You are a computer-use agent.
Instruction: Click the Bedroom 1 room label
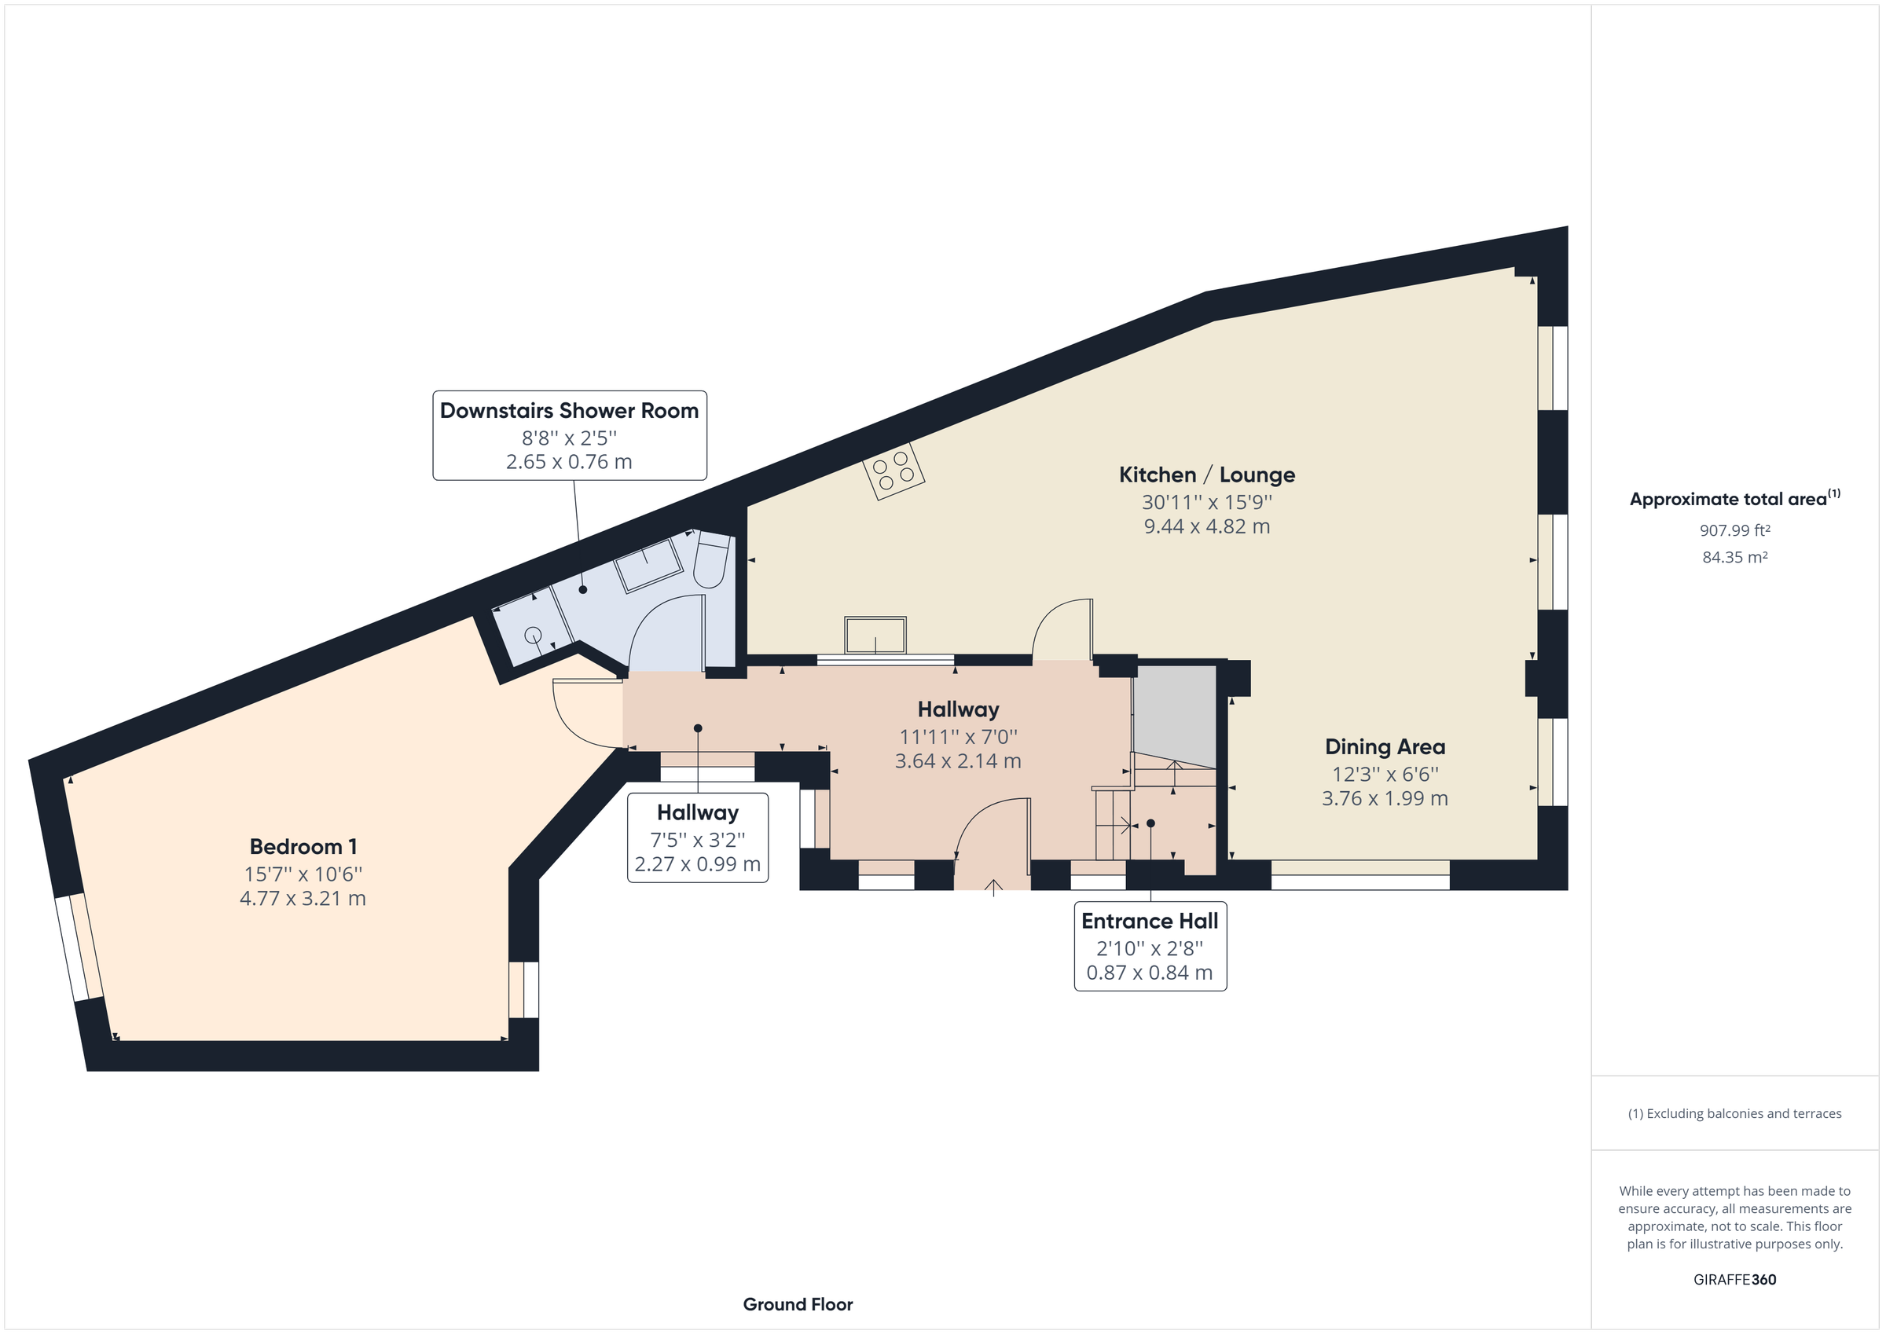(303, 847)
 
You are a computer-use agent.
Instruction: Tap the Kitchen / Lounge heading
(1207, 475)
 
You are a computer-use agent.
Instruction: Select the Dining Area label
(1385, 746)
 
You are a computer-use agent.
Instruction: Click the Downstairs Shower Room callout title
(569, 411)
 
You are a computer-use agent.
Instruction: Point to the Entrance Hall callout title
(1150, 921)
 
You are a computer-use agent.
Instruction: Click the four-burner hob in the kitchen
(893, 471)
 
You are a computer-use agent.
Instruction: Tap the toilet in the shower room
(711, 559)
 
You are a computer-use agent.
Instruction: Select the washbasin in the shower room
(649, 565)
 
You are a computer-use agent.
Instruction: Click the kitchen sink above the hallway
(875, 636)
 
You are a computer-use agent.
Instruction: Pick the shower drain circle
(532, 634)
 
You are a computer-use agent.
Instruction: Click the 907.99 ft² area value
(1735, 530)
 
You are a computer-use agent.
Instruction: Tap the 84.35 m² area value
(1735, 557)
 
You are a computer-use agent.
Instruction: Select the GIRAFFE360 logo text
(1735, 1279)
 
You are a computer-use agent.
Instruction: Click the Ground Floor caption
(798, 1304)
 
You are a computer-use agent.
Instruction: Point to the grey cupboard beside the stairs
(1175, 716)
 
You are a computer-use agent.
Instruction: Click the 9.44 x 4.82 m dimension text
(1207, 526)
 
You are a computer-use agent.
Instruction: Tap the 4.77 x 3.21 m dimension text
(303, 899)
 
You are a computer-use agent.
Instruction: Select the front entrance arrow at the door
(993, 887)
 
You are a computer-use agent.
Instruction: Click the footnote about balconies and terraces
(1735, 1114)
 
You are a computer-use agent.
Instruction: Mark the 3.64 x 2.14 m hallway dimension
(958, 761)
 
